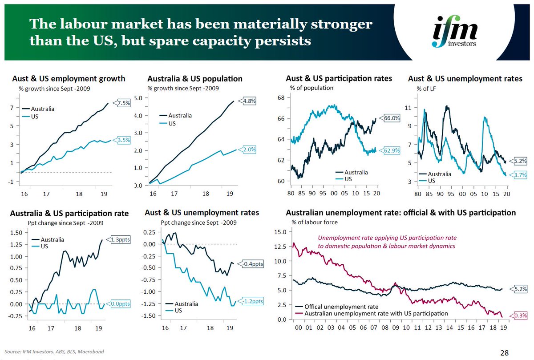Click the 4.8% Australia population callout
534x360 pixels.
[250, 101]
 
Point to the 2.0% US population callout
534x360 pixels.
[250, 150]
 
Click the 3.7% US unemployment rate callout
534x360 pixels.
[520, 175]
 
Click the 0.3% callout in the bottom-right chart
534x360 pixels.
[520, 316]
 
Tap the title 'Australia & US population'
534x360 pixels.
[195, 79]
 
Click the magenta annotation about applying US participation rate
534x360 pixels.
[387, 242]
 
